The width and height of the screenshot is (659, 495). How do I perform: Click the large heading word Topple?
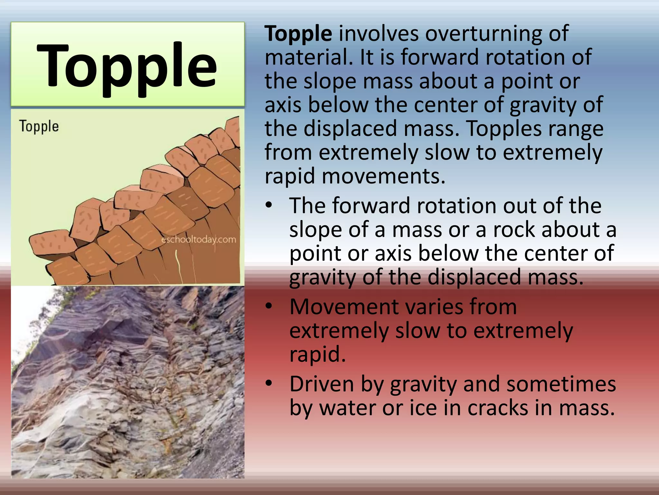(127, 66)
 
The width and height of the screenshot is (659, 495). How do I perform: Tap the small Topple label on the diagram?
(39, 126)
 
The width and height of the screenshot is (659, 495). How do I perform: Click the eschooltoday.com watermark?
(199, 239)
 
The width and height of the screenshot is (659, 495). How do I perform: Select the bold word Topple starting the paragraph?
(298, 34)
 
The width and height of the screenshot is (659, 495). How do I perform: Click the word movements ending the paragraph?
(383, 176)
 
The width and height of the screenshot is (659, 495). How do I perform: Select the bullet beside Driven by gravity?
(269, 383)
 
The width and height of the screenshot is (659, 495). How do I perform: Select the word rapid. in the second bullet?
(318, 354)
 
